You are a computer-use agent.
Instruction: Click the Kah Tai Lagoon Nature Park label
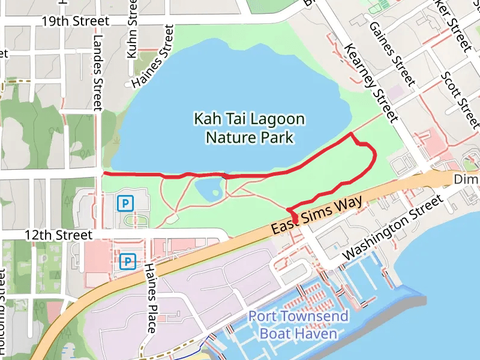tap(249, 128)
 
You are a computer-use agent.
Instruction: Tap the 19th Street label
tap(76, 22)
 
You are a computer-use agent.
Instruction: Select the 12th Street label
tap(58, 235)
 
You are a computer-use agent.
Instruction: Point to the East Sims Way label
tap(317, 215)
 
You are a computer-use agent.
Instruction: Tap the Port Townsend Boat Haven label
tap(298, 325)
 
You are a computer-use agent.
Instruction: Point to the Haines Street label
tap(152, 56)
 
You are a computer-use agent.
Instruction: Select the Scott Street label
tap(460, 100)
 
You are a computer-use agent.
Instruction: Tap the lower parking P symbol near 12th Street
tap(127, 261)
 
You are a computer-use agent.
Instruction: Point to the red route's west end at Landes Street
tap(104, 173)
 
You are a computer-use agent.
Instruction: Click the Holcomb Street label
tap(4, 318)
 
